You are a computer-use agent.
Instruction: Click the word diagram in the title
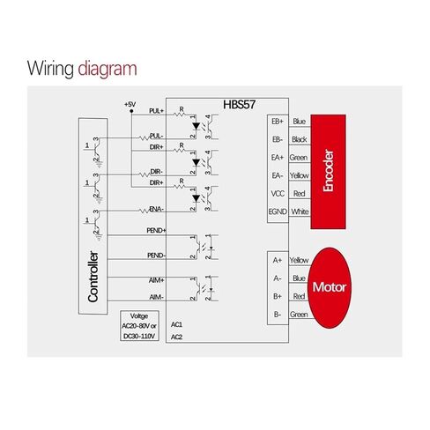coord(107,69)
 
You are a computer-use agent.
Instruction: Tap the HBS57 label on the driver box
coord(239,105)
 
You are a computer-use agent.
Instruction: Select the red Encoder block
coord(328,172)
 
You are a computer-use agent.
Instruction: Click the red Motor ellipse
coord(330,287)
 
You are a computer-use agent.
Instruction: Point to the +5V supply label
coord(130,104)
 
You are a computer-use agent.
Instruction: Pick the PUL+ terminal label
coord(156,111)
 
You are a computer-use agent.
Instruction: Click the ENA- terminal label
coord(157,209)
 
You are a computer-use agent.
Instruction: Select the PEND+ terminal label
coord(156,231)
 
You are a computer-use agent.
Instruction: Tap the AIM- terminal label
coord(156,297)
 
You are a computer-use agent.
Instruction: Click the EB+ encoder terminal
coord(278,122)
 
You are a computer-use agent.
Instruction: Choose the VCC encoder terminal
coord(278,194)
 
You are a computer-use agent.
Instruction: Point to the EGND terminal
coord(278,211)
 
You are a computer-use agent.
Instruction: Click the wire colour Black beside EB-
coord(300,139)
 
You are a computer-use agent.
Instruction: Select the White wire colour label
coord(300,211)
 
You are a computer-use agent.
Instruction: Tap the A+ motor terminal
coord(278,260)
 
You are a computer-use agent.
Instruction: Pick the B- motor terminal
coord(278,315)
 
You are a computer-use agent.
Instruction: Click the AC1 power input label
coord(176,324)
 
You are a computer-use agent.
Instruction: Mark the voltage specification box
coord(139,326)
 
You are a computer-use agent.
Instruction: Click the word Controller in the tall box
coord(93,277)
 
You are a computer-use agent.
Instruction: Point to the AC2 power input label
coord(176,337)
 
